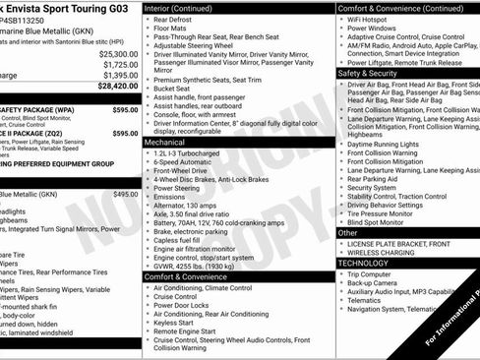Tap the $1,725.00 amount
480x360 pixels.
coord(119,64)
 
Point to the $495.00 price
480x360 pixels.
coord(125,195)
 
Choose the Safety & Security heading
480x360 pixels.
coord(368,73)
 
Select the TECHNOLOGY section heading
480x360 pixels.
coord(364,263)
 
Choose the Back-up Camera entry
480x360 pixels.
coord(375,283)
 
